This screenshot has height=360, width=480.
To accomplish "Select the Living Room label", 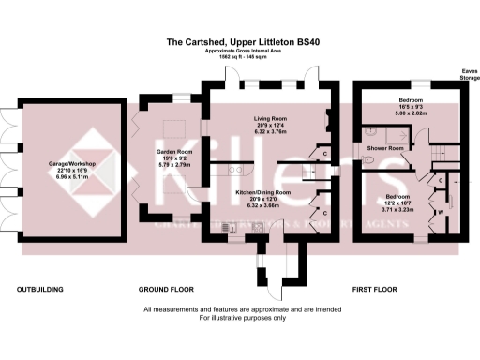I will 270,119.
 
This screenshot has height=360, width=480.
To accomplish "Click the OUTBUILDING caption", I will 40,290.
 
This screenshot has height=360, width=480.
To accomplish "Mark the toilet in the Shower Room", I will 367,160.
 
